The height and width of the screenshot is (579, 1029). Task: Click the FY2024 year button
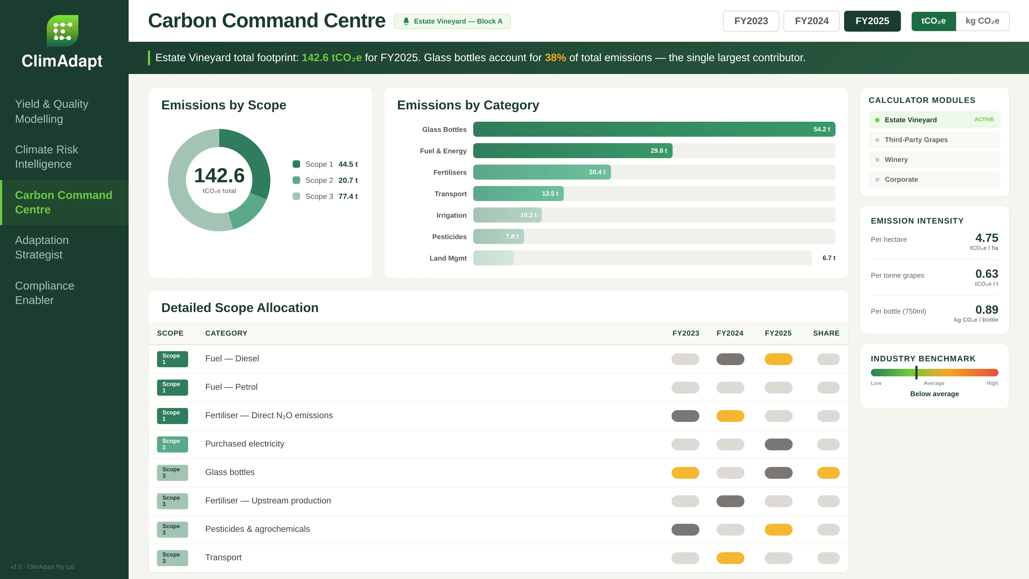click(x=811, y=21)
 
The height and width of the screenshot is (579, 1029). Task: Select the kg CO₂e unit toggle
click(x=982, y=21)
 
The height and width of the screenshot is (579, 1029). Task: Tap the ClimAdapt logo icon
click(x=62, y=31)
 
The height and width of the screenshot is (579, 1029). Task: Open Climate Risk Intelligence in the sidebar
click(x=46, y=157)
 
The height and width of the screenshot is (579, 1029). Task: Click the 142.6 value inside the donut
click(x=219, y=175)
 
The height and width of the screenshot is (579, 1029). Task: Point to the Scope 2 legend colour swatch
click(x=296, y=180)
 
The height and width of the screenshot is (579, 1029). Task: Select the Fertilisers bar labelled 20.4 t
click(x=542, y=172)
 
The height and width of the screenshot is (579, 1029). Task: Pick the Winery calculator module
click(x=896, y=160)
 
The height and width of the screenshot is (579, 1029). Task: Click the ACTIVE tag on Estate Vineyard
click(x=984, y=120)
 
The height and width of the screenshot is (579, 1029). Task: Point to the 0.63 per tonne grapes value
click(x=986, y=274)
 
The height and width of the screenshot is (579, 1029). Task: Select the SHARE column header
click(x=826, y=333)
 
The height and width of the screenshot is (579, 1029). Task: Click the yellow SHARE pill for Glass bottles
click(x=828, y=473)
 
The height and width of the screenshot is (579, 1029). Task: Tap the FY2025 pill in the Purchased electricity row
click(x=778, y=444)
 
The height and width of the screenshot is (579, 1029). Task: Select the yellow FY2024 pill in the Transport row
click(x=730, y=558)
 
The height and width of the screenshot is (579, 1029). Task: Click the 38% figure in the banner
click(x=555, y=58)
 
